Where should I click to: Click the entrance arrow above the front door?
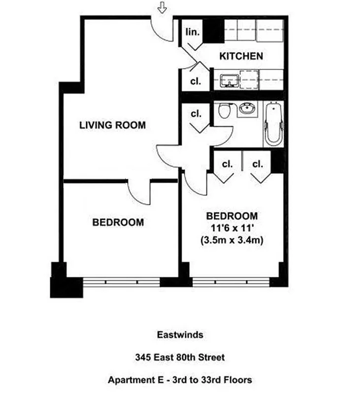[162, 7]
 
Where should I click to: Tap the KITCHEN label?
[241, 56]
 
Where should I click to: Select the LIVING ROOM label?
[112, 126]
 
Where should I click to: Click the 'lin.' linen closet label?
[193, 32]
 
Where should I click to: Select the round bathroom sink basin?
[247, 109]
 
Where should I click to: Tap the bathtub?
[273, 124]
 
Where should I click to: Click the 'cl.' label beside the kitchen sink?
[196, 81]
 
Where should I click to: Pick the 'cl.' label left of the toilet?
[196, 114]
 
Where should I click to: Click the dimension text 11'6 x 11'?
[231, 229]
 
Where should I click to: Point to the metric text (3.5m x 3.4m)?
[231, 241]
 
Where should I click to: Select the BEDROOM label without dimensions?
[118, 223]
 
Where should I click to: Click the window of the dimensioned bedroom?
[231, 282]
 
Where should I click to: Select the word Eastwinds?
[180, 335]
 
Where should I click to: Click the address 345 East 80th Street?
[180, 358]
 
